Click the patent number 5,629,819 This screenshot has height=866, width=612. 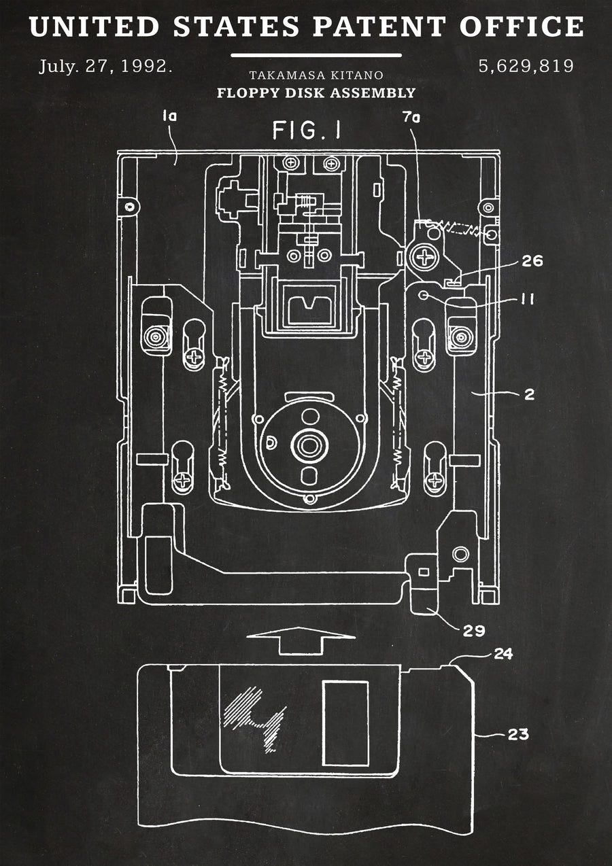click(526, 66)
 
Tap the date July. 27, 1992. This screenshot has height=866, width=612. click(105, 66)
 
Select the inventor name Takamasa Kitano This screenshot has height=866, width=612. click(316, 75)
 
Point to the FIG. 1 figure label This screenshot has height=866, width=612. click(307, 130)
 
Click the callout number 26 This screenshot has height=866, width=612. click(532, 261)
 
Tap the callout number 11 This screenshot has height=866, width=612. click(528, 299)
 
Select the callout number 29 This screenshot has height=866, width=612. click(474, 631)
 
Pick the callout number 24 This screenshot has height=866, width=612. click(503, 654)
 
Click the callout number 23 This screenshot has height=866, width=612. click(518, 733)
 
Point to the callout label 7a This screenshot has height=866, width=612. click(411, 118)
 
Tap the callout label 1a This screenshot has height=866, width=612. click(169, 115)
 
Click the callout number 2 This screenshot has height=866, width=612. click(529, 394)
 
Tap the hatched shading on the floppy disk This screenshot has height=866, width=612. click(255, 718)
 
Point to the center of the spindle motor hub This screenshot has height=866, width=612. click(309, 445)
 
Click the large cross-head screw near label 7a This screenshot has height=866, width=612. click(424, 257)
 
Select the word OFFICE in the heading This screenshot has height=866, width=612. click(522, 27)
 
